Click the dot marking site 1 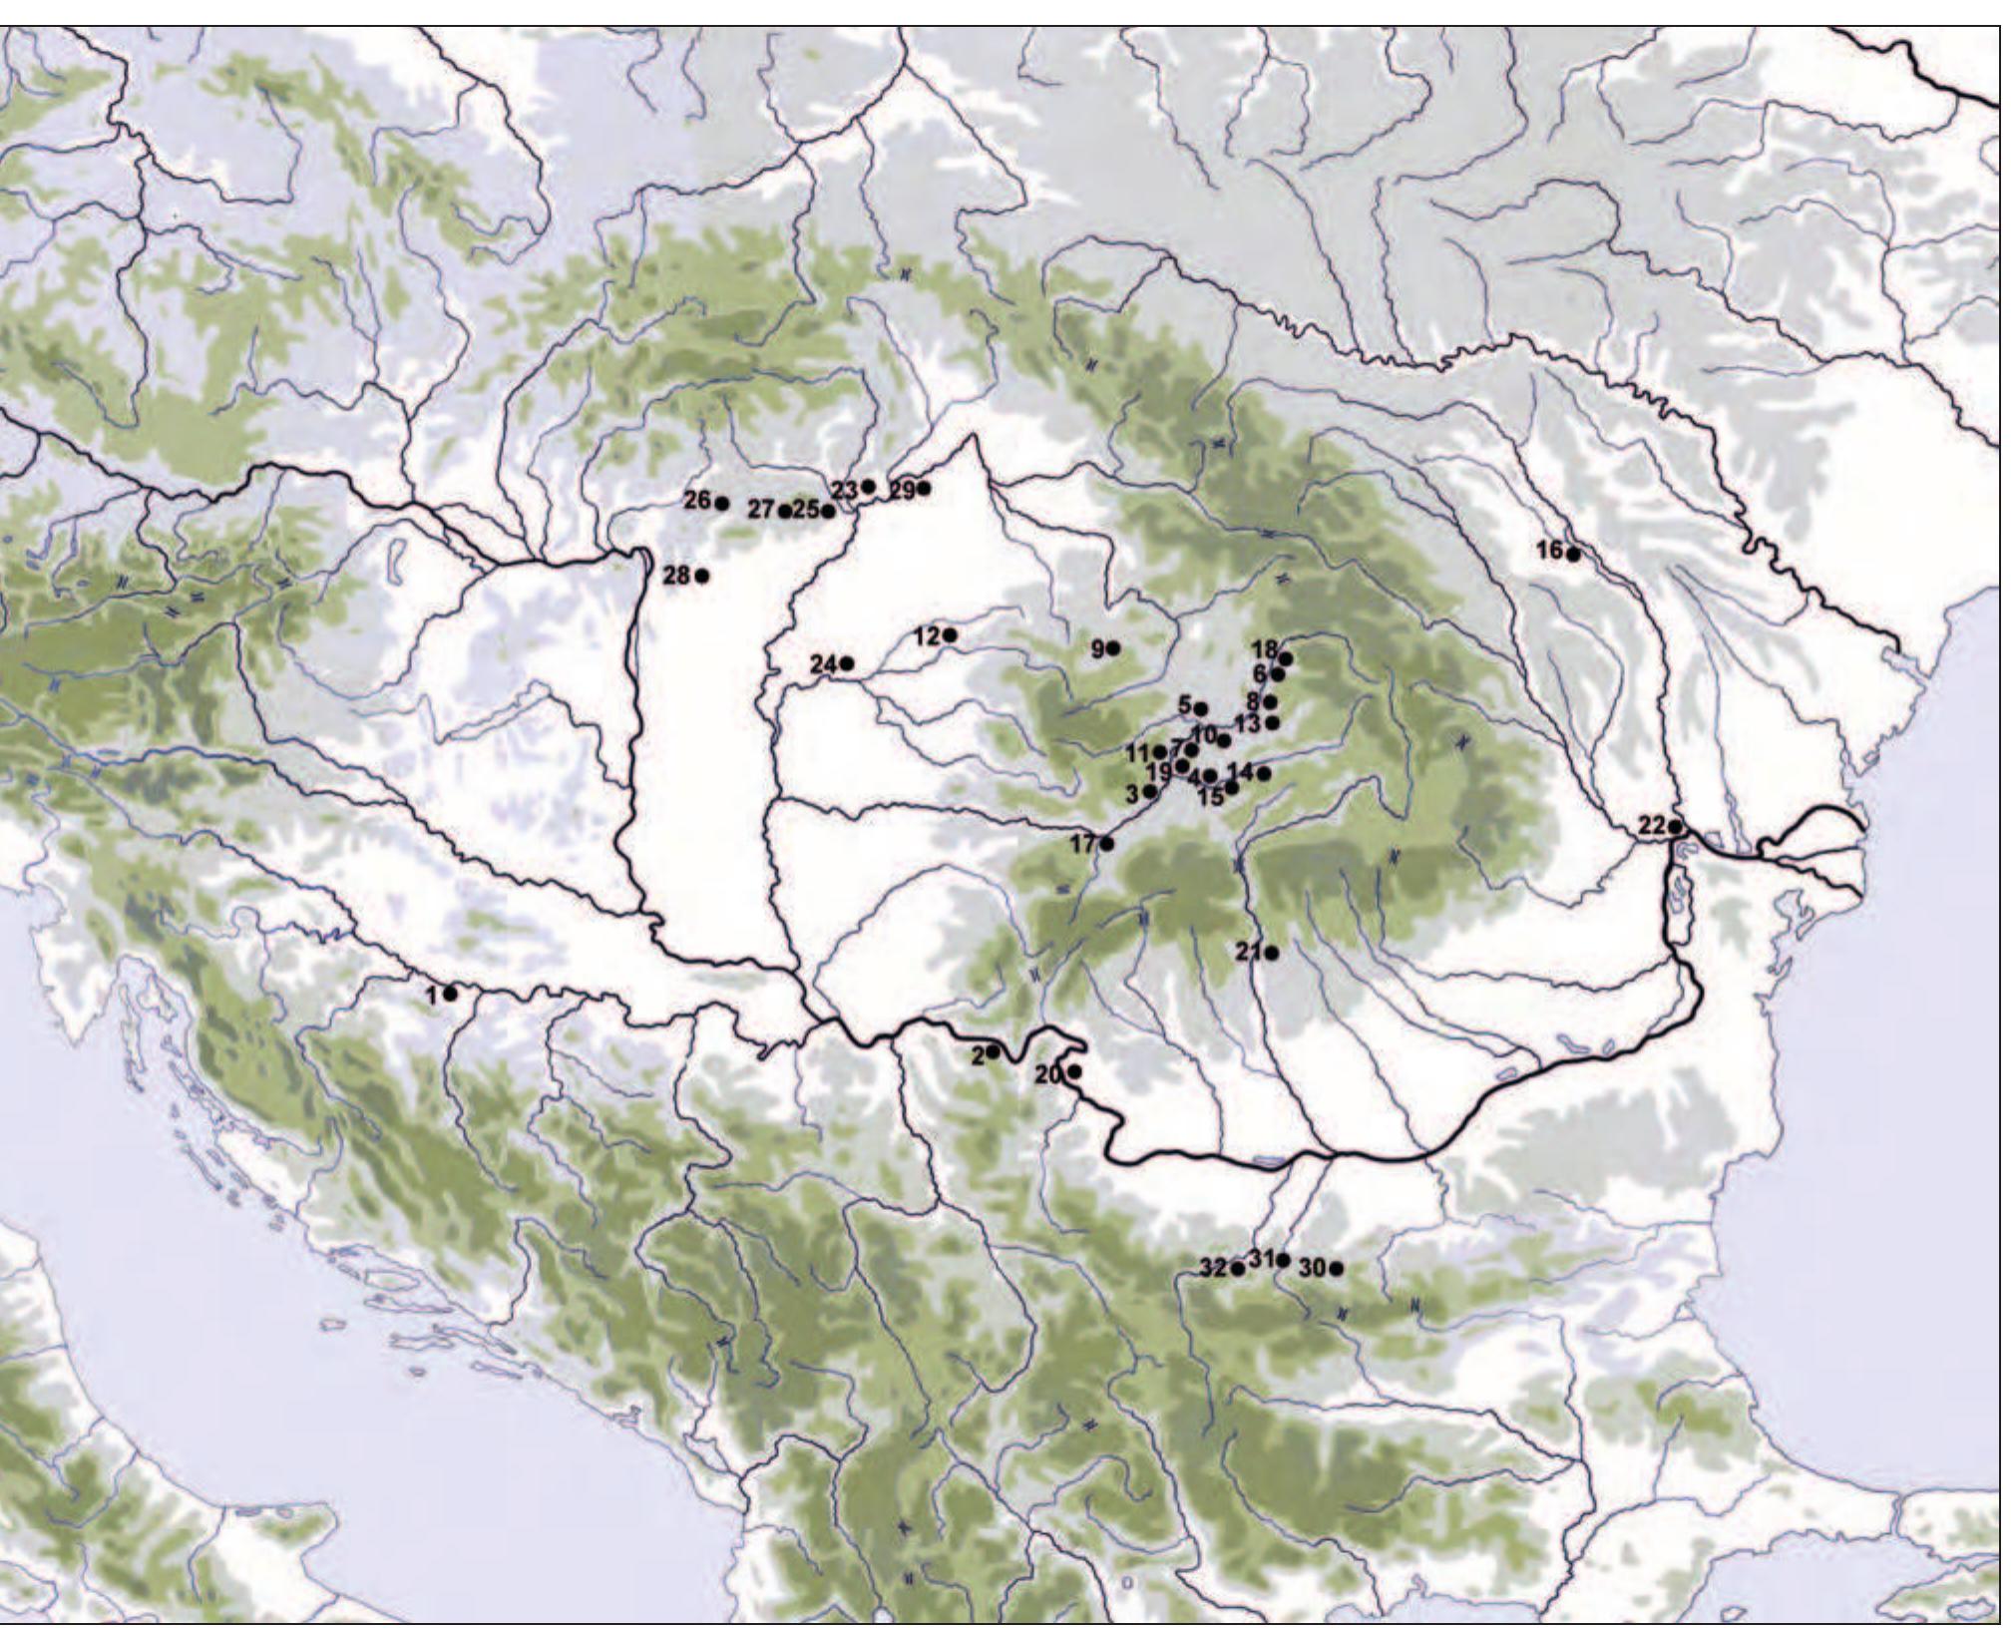[451, 994]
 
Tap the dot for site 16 [1573, 555]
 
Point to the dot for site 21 [1272, 953]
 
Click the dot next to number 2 [994, 1051]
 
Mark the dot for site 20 [1074, 1072]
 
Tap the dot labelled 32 [1238, 1269]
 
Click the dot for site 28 [702, 576]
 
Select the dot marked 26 [722, 502]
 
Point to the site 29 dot [925, 488]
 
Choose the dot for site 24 [847, 663]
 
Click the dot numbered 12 [951, 634]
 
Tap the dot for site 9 [1113, 648]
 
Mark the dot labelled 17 [1106, 844]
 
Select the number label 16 [1549, 550]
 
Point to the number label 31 [1261, 1258]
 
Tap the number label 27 [761, 510]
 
